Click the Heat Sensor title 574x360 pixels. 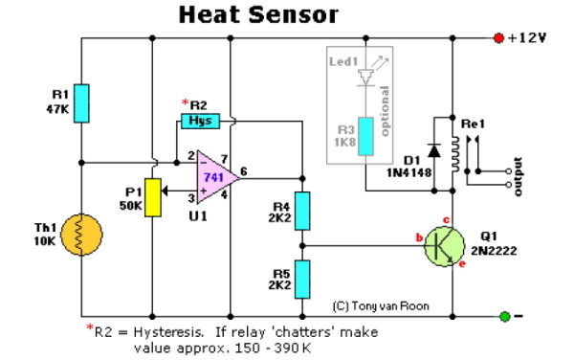point(258,15)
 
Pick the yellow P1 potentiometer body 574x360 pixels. point(153,196)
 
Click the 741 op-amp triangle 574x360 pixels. point(212,175)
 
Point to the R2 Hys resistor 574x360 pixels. point(201,121)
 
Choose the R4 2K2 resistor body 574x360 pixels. point(302,210)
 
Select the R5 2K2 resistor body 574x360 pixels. point(302,278)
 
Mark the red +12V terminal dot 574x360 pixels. point(497,38)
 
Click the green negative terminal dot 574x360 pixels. point(504,316)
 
